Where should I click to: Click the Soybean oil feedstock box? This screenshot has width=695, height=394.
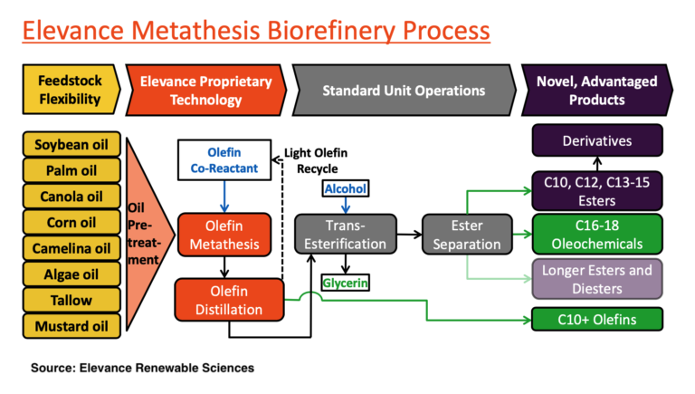pyautogui.click(x=71, y=145)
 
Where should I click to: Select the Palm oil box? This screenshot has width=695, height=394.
pyautogui.click(x=71, y=170)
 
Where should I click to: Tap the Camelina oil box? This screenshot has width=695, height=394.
pyautogui.click(x=71, y=248)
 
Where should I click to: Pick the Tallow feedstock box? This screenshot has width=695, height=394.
pyautogui.click(x=71, y=300)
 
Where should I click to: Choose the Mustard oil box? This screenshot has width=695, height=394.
pyautogui.click(x=71, y=326)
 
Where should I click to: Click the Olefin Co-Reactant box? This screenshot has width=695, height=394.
pyautogui.click(x=224, y=160)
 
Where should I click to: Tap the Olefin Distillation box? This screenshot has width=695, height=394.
pyautogui.click(x=224, y=300)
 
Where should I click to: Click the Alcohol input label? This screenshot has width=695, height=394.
pyautogui.click(x=344, y=187)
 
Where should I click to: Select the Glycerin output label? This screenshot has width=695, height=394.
pyautogui.click(x=345, y=283)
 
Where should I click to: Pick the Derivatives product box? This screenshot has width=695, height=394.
pyautogui.click(x=597, y=141)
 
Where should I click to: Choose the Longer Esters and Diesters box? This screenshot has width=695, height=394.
pyautogui.click(x=597, y=279)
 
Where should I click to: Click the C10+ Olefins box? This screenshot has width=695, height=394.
pyautogui.click(x=597, y=319)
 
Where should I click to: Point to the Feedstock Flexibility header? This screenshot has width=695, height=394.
pyautogui.click(x=69, y=90)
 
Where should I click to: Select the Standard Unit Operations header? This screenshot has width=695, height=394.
pyautogui.click(x=403, y=91)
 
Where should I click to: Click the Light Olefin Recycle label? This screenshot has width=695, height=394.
pyautogui.click(x=317, y=160)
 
